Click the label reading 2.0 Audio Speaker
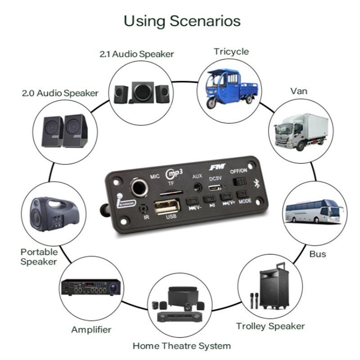click(60, 94)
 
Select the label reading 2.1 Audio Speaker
click(136, 54)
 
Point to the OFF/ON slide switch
click(238, 181)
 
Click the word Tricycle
click(231, 51)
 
